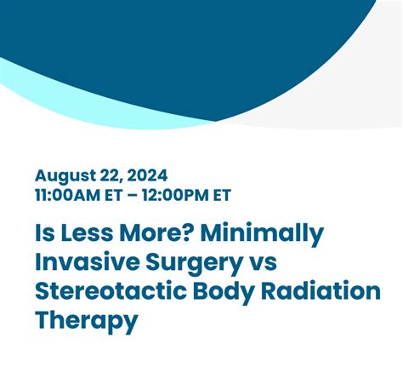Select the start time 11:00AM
[68, 195]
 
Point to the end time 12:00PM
[175, 195]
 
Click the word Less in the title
[87, 232]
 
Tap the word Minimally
[263, 234]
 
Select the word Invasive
[88, 261]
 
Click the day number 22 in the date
[111, 176]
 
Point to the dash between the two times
[132, 196]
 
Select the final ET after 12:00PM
[223, 195]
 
